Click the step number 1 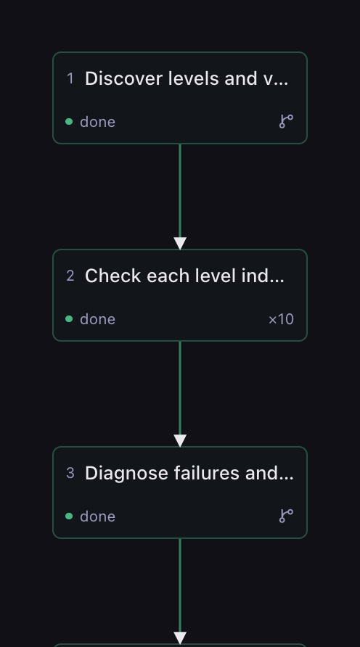click(70, 78)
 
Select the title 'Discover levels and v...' click(187, 78)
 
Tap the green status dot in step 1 click(69, 122)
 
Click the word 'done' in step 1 click(97, 122)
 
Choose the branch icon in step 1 click(286, 121)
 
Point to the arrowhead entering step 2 click(180, 244)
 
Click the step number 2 click(70, 276)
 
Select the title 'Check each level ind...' click(184, 276)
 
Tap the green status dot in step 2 click(69, 319)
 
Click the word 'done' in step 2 click(97, 319)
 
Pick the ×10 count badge click(281, 319)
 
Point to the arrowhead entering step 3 click(180, 441)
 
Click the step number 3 click(70, 473)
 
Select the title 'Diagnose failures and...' click(189, 473)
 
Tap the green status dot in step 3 click(69, 516)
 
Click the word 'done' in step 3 click(97, 516)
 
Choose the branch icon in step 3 click(286, 516)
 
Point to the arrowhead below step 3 click(180, 638)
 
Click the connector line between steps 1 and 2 click(180, 191)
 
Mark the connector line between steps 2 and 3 click(180, 388)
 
